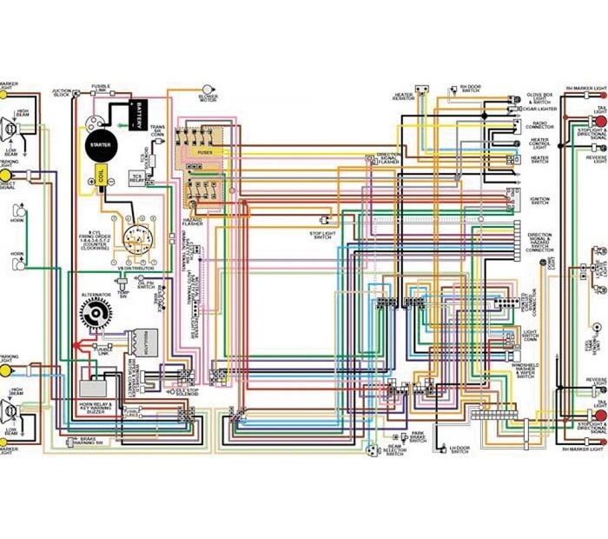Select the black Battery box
[138, 114]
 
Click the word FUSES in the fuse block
[205, 153]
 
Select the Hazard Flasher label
[192, 223]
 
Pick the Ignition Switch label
[539, 201]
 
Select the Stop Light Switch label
[323, 235]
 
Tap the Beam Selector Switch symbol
[373, 449]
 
